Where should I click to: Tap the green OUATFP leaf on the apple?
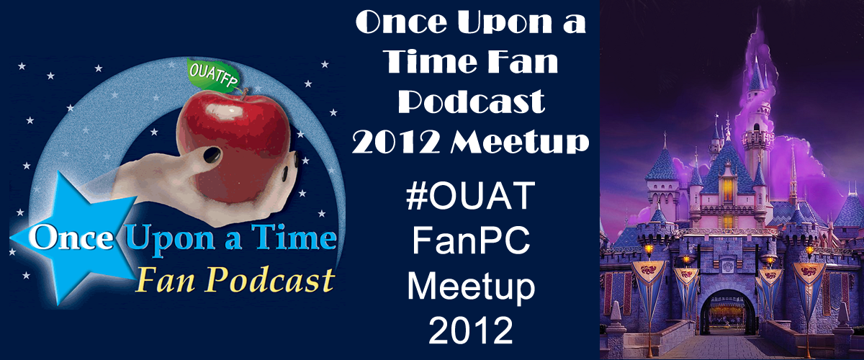(x=213, y=74)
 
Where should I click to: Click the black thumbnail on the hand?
(x=212, y=155)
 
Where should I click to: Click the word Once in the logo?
(x=71, y=238)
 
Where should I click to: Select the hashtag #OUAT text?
(x=471, y=196)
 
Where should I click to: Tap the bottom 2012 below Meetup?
(x=471, y=330)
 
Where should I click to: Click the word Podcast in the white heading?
(x=471, y=101)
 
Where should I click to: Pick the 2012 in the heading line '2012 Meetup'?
(x=395, y=142)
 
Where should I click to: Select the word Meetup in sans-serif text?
(x=471, y=287)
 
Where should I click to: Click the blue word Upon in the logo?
(x=170, y=239)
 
